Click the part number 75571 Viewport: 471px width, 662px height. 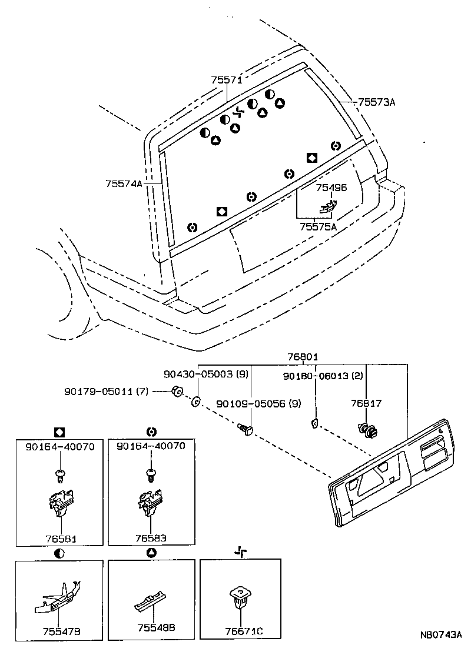click(227, 81)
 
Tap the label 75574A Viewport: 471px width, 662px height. click(124, 184)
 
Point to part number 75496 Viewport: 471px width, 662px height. click(331, 188)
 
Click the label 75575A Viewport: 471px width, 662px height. click(318, 227)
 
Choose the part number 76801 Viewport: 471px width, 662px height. click(303, 357)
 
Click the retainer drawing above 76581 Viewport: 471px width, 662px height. click(61, 503)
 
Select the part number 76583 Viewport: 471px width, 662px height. click(151, 538)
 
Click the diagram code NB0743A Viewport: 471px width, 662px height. click(440, 635)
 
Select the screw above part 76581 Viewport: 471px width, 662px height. click(59, 473)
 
